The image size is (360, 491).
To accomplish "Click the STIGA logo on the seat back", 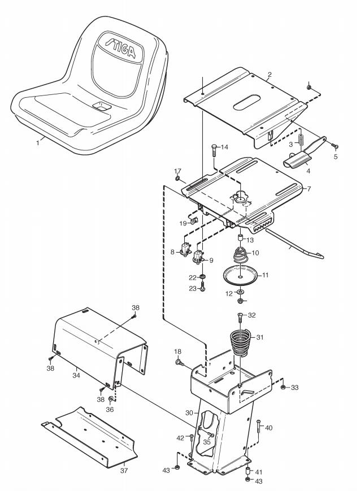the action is (x=121, y=48).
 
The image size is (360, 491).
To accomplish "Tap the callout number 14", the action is (x=225, y=147).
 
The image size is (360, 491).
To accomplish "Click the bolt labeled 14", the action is (x=214, y=151).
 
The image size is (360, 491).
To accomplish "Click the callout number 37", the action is (x=124, y=470).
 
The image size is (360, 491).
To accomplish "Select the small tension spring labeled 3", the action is (x=301, y=140).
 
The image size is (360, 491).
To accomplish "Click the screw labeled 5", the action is (x=335, y=146).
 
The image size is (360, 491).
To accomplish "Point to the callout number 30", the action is (x=189, y=413).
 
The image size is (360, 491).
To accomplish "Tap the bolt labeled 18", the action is (x=179, y=362).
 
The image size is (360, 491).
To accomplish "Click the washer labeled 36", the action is (x=111, y=399).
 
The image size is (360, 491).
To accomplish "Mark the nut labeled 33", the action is (x=283, y=388).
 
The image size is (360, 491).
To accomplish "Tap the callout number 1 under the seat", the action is (x=38, y=143).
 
